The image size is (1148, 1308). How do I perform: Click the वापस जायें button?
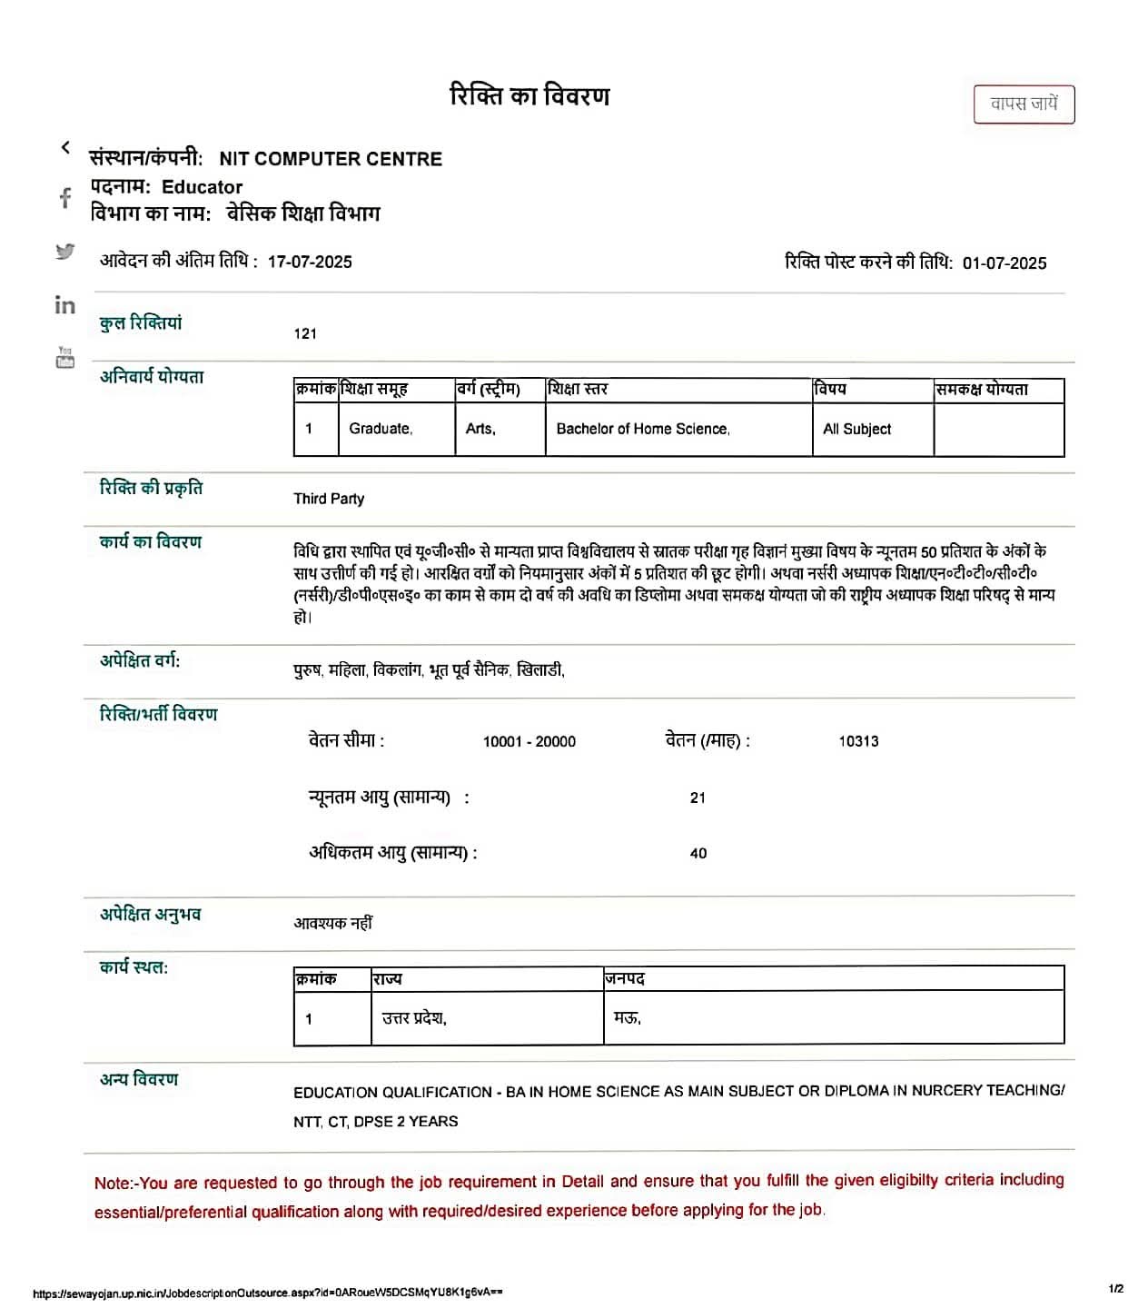coord(1024,104)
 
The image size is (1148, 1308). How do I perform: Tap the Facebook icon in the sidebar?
coord(65,198)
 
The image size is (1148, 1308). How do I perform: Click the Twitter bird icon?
coord(65,252)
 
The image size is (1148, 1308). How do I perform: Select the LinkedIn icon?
coord(65,305)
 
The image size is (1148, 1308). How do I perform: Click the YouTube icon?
coord(65,358)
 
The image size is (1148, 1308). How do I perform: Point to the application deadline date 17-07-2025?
coord(310,263)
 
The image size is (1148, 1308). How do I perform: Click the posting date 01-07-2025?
coord(1004,263)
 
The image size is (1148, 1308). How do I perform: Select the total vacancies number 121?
coord(305,333)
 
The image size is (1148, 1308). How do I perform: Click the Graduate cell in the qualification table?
coord(381,429)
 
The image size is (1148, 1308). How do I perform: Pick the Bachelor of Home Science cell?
coord(643,429)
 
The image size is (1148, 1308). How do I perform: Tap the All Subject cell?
coord(856,429)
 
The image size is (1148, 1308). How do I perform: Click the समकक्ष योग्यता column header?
coord(982,390)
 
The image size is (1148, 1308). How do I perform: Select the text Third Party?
coord(329,499)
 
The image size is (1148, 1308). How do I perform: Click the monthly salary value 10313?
coord(858,741)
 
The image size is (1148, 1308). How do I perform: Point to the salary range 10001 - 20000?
coord(529,741)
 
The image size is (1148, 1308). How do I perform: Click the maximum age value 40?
coord(698,853)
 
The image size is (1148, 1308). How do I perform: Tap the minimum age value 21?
coord(698,798)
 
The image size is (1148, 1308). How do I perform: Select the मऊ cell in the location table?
coord(628,1018)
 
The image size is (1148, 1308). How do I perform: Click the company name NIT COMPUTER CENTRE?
coord(331,159)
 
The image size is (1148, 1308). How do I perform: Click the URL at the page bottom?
coord(268,1292)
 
